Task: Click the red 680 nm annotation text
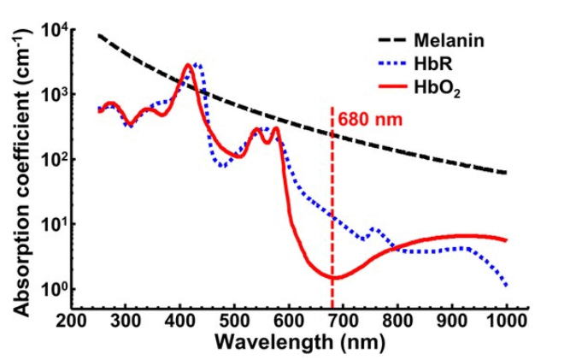[369, 118]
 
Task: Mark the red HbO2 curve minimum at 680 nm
[332, 278]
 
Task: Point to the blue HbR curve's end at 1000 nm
[506, 285]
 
